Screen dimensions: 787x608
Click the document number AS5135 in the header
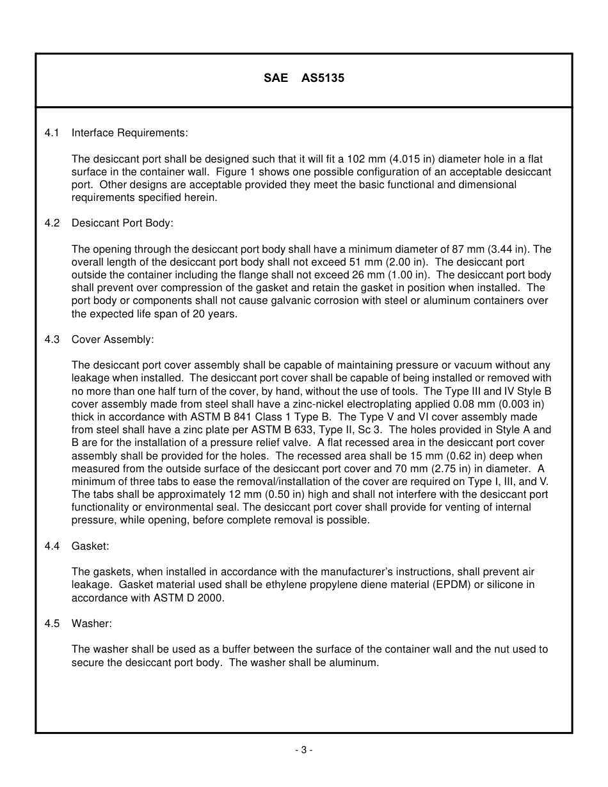[x=323, y=79]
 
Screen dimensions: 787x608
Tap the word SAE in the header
[x=276, y=79]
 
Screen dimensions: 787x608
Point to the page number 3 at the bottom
[x=304, y=750]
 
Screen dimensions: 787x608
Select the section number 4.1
[x=52, y=133]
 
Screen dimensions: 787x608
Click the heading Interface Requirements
[x=130, y=133]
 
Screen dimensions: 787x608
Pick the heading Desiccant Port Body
[x=122, y=223]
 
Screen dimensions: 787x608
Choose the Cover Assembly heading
[x=113, y=340]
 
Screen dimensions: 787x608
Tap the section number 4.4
[x=52, y=546]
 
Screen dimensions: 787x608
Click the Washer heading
[x=92, y=623]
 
